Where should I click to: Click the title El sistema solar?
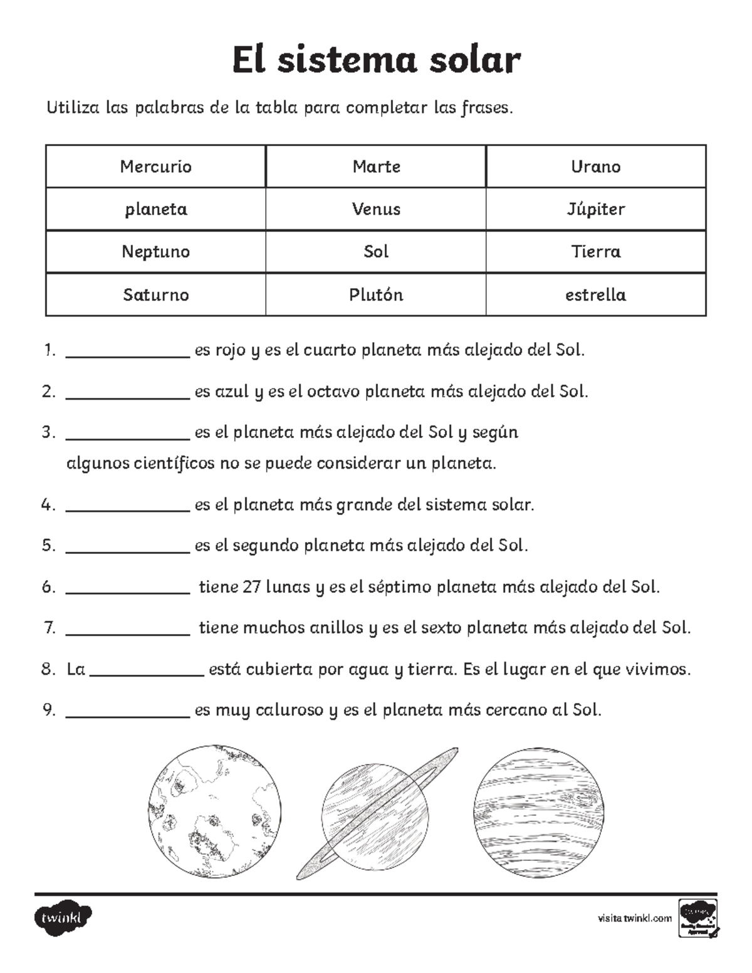click(x=376, y=61)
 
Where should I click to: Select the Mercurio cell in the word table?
click(x=155, y=167)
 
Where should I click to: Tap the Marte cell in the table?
click(x=376, y=167)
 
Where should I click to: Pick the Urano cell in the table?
click(x=595, y=167)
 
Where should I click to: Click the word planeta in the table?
click(x=155, y=209)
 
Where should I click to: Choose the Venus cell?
click(x=376, y=209)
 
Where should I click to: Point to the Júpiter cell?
click(x=595, y=209)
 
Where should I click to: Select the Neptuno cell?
click(x=155, y=252)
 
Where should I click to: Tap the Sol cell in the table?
click(x=376, y=252)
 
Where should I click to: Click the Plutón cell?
click(x=376, y=294)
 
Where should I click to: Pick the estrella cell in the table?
click(x=595, y=294)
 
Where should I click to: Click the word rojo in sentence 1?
click(x=230, y=351)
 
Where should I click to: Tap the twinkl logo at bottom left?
click(x=63, y=918)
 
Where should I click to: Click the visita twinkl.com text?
click(x=634, y=918)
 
